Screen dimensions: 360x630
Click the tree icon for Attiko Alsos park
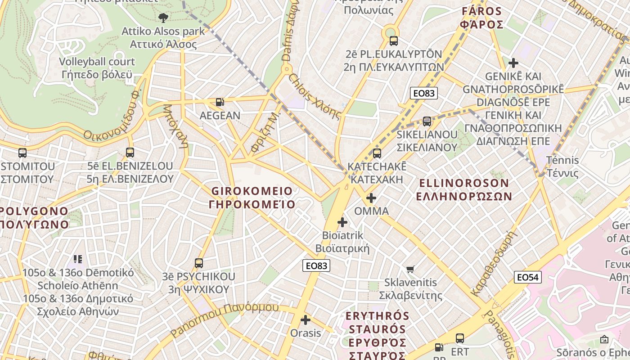click(x=163, y=18)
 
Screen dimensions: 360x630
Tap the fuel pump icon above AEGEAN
click(x=220, y=103)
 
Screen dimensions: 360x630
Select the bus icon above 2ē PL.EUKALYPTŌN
click(x=393, y=41)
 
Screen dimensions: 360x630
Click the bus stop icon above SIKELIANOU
click(x=427, y=121)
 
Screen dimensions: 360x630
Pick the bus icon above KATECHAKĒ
click(x=377, y=153)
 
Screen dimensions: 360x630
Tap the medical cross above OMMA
click(x=371, y=198)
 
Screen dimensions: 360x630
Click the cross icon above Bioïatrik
click(x=342, y=222)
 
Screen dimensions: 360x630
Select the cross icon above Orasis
click(x=306, y=320)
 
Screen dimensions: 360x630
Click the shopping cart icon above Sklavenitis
click(x=410, y=270)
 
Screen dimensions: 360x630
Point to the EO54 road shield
click(x=528, y=277)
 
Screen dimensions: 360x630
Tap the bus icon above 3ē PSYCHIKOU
click(x=199, y=263)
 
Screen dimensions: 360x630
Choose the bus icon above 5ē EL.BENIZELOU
click(x=130, y=153)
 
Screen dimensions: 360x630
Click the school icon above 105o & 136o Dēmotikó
click(x=78, y=259)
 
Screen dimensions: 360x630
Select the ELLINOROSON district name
click(x=464, y=189)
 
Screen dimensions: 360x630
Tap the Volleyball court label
click(x=97, y=68)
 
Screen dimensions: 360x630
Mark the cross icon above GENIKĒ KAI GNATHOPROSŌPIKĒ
click(x=513, y=63)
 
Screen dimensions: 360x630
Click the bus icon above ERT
click(x=459, y=338)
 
